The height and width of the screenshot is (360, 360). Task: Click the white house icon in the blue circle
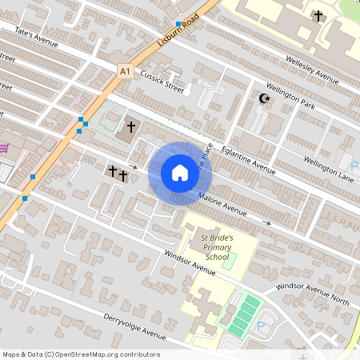(x=179, y=172)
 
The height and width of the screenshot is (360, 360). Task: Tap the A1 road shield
(x=124, y=71)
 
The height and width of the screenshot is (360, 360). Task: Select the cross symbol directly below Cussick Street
(x=131, y=126)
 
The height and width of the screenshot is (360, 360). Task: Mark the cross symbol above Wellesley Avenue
(x=318, y=16)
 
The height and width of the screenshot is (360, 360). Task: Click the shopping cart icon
(x=5, y=147)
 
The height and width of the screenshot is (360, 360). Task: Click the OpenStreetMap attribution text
(x=80, y=354)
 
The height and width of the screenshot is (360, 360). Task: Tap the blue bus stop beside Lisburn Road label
(x=178, y=24)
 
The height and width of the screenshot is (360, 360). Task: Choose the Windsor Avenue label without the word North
(x=189, y=263)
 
